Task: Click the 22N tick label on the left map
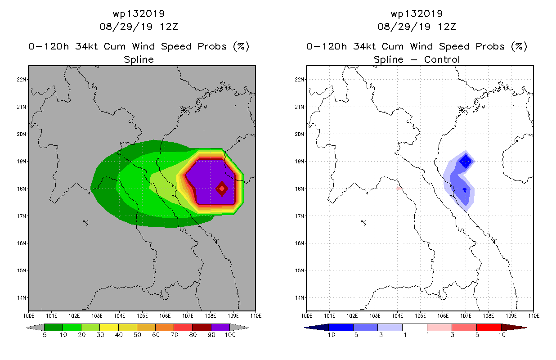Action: tap(21, 80)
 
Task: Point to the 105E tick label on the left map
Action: tap(142, 316)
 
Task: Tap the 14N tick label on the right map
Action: tap(299, 298)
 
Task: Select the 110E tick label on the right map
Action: tap(534, 316)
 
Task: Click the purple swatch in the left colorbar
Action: tap(220, 327)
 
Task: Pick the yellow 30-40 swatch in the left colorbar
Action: tap(109, 327)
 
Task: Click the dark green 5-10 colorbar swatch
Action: tap(54, 327)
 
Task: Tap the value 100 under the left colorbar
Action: tap(230, 335)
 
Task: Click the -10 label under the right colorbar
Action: tap(329, 335)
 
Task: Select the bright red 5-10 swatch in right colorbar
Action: tap(489, 327)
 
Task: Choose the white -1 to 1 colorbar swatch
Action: tap(415, 327)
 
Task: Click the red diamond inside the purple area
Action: tap(222, 189)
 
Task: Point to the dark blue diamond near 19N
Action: tap(466, 162)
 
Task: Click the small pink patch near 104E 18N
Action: tap(399, 189)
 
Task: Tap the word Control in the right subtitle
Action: tap(442, 60)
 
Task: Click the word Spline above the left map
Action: tap(139, 60)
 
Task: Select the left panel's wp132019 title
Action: tap(139, 13)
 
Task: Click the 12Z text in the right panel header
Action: tap(447, 27)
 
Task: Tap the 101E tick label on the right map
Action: tap(329, 316)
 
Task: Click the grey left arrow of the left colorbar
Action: tap(35, 328)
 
